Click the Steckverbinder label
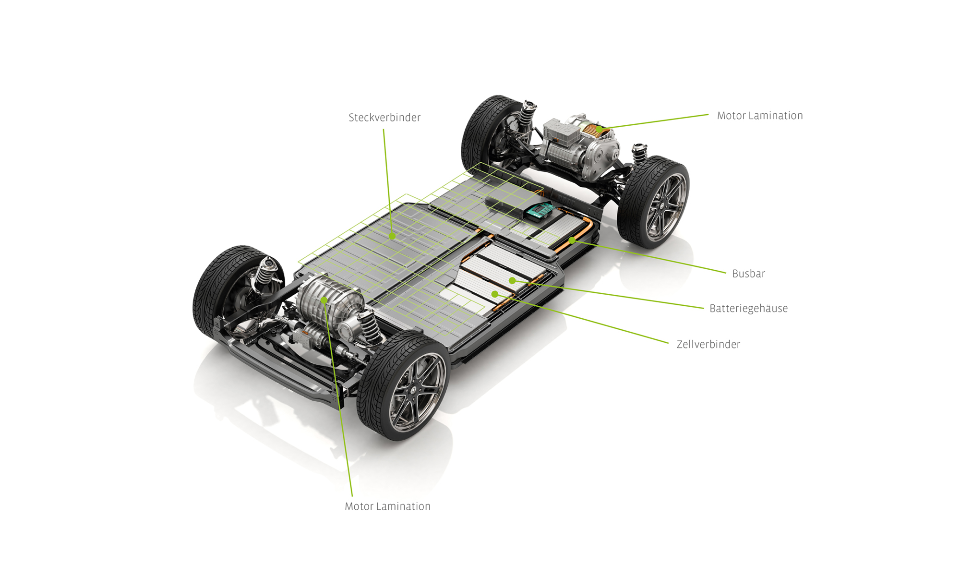(384, 118)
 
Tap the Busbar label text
(748, 274)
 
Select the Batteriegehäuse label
(748, 309)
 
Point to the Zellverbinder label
(708, 345)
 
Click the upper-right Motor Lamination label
(759, 116)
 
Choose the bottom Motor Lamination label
(387, 506)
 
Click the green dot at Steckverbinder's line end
(392, 236)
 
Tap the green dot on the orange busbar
(572, 240)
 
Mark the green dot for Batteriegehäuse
(512, 280)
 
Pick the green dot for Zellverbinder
(494, 294)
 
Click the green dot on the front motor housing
(324, 300)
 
